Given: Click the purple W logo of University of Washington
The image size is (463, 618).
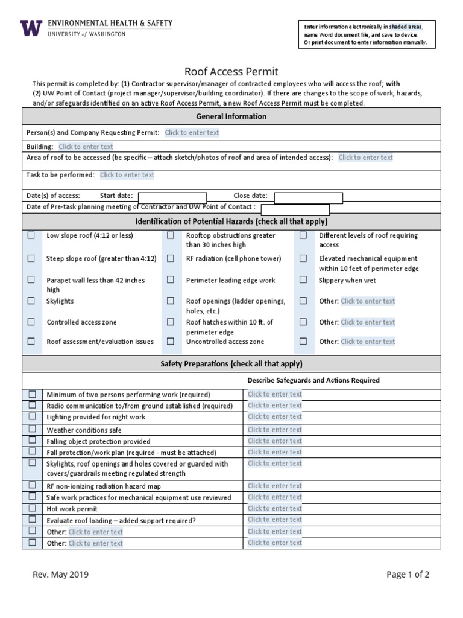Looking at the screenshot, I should pos(31,28).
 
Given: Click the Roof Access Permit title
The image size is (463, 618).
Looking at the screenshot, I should pos(231,71).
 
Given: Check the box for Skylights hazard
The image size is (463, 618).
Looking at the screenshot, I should pos(31,301).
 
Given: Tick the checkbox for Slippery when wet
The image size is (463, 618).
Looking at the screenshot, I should pos(303,280).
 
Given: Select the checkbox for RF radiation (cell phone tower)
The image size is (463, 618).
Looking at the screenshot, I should pos(171,258).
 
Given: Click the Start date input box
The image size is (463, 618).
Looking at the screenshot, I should pos(172,197).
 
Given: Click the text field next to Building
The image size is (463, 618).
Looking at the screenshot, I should pos(86,147).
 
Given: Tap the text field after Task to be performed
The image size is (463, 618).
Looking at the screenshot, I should pos(127,175).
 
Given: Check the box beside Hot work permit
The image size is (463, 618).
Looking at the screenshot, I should pos(32,509).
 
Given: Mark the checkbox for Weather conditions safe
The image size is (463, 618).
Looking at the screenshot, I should pos(32,430).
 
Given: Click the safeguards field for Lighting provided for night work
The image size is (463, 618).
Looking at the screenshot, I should pos(275,417).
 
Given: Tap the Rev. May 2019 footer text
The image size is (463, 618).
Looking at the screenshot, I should pos(60,575).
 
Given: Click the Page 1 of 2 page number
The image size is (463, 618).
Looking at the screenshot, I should pos(408,575).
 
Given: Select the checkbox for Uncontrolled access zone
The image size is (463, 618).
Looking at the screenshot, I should pos(171,342).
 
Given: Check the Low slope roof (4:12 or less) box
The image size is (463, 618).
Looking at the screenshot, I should pos(31,235).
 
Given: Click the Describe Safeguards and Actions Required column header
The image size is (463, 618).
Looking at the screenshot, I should pos(313,380).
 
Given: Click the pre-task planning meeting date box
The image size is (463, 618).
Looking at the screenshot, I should pos(295,209).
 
